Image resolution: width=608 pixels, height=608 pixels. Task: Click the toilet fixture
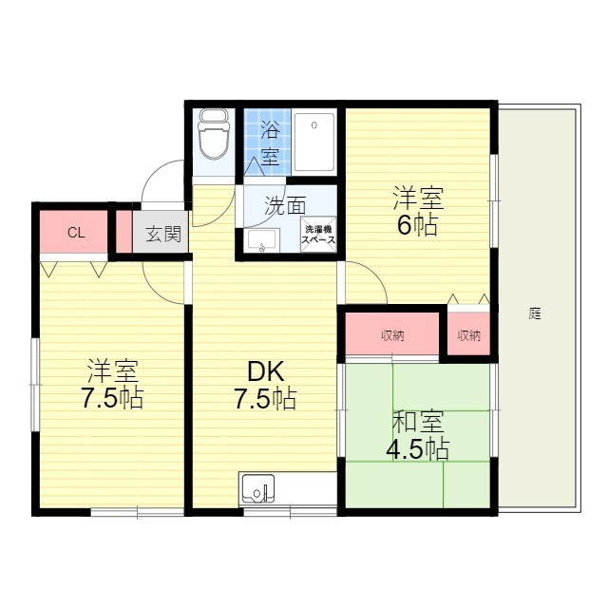click(x=213, y=134)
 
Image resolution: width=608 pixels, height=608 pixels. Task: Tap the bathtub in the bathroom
click(x=314, y=142)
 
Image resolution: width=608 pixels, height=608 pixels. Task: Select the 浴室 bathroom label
click(x=270, y=143)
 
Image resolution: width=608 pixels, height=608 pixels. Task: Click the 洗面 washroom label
click(x=285, y=205)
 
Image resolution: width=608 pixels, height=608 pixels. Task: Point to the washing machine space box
click(x=318, y=235)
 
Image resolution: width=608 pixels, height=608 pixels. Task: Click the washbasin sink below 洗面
click(x=263, y=240)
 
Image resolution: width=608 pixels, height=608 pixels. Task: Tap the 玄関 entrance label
click(x=163, y=234)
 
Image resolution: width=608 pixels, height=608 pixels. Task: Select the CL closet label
click(x=76, y=233)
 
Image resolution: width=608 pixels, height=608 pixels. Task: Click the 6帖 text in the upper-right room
click(x=418, y=224)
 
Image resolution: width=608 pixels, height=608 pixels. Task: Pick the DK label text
click(x=266, y=371)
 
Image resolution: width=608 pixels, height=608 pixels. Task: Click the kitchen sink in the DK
click(x=257, y=488)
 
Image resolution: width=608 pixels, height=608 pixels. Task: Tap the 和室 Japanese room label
click(x=418, y=422)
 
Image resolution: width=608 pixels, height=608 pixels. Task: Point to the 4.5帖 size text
click(x=418, y=449)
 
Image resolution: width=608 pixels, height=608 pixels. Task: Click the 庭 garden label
click(x=535, y=313)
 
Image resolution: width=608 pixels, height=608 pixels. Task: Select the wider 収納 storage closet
click(x=392, y=333)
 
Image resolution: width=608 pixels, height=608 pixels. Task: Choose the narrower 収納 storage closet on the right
click(x=468, y=332)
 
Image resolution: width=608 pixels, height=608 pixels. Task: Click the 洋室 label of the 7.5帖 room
click(x=112, y=370)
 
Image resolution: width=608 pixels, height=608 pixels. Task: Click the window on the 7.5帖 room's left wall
click(x=35, y=385)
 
